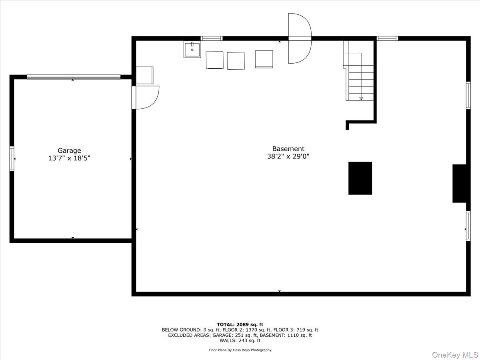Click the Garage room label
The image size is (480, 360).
(x=69, y=150)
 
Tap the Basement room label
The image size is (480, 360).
(x=288, y=149)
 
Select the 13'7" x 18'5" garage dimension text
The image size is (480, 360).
(x=69, y=158)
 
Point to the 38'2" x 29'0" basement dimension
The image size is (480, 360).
(x=288, y=156)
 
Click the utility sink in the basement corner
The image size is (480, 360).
(x=192, y=49)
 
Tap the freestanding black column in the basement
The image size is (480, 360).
(x=360, y=178)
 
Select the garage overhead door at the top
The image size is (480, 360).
(x=74, y=77)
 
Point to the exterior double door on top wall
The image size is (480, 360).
(x=299, y=38)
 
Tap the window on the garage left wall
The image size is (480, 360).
(x=12, y=159)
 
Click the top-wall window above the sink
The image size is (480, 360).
(x=211, y=38)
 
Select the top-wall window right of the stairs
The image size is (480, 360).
(x=387, y=38)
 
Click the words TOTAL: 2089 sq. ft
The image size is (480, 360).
(x=240, y=324)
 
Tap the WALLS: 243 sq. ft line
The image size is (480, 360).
(x=240, y=341)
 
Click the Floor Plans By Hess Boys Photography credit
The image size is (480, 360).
(x=240, y=350)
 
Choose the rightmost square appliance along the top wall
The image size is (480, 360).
(x=264, y=59)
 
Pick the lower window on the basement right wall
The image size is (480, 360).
(x=468, y=226)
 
